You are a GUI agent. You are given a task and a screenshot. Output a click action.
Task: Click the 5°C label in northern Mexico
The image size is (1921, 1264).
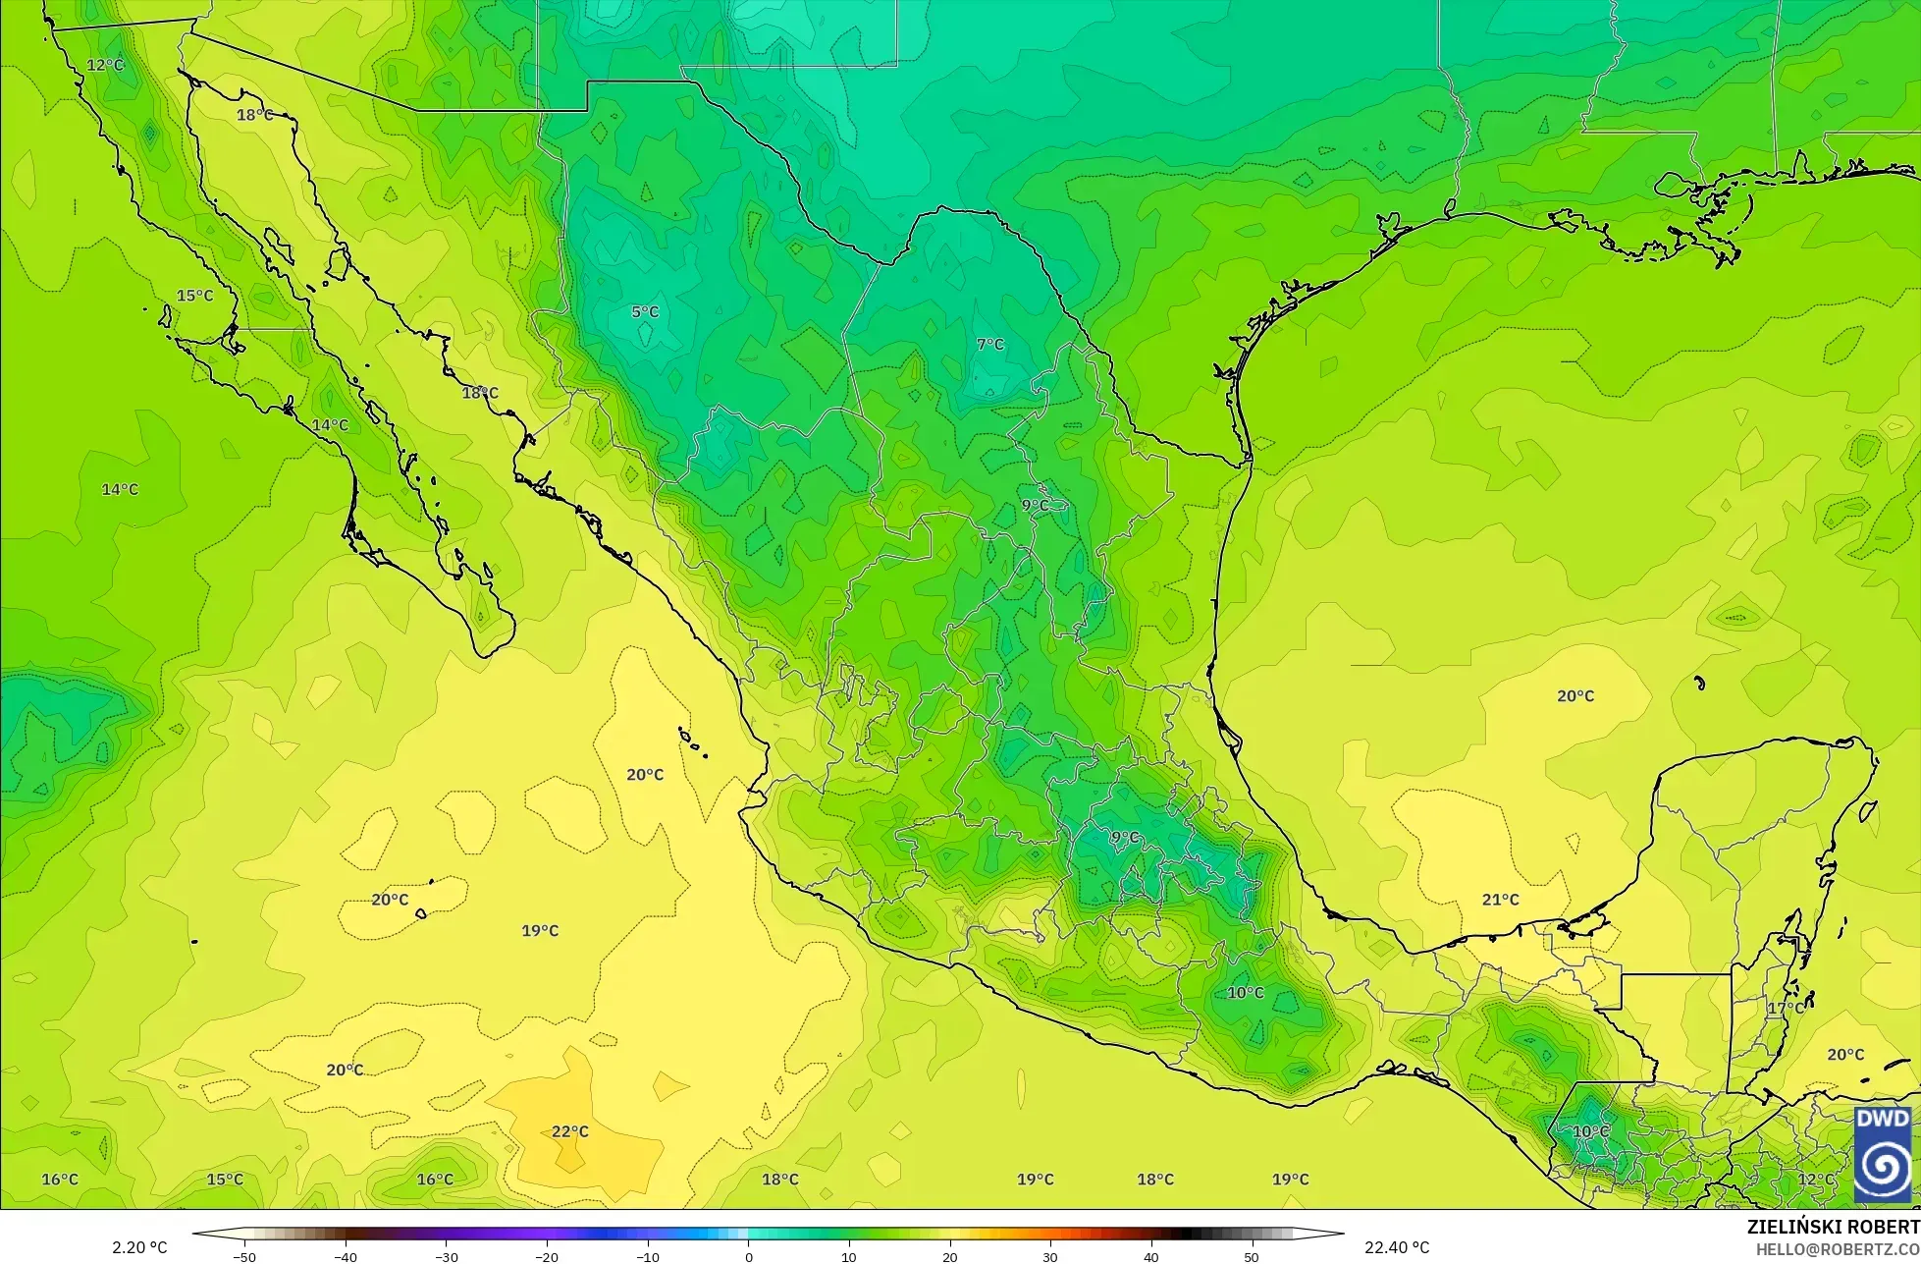(645, 312)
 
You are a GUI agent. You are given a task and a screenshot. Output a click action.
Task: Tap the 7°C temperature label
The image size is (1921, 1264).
(990, 345)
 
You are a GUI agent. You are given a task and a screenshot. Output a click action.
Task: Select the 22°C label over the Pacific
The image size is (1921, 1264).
(569, 1131)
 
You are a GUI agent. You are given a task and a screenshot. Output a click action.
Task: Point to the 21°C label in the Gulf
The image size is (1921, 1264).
(1500, 900)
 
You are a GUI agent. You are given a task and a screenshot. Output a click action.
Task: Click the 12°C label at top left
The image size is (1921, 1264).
(105, 65)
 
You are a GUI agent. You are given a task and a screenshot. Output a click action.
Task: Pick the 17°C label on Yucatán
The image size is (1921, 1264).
(1786, 1008)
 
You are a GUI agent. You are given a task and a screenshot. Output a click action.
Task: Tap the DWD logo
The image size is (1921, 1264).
(1883, 1155)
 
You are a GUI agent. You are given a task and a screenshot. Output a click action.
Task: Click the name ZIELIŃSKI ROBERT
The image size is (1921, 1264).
(1833, 1227)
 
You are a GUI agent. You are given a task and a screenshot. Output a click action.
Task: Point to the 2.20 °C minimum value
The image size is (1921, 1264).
(139, 1248)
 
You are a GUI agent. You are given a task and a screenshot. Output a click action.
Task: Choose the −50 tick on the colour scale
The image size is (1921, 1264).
(243, 1257)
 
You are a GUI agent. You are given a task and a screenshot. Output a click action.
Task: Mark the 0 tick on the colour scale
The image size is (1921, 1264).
(748, 1257)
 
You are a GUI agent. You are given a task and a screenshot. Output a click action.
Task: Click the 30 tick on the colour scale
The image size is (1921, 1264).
(1050, 1257)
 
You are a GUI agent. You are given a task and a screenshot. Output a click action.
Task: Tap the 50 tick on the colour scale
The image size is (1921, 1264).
(1252, 1257)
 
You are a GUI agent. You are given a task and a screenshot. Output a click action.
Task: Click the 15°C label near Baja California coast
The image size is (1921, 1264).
(194, 296)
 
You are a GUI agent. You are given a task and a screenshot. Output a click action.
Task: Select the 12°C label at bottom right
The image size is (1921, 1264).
(1815, 1180)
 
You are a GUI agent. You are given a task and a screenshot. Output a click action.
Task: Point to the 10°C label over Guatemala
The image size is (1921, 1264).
(1590, 1131)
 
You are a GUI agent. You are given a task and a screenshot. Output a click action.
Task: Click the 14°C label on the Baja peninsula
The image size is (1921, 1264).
(330, 425)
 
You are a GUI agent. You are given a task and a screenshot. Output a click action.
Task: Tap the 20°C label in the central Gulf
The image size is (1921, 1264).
(1575, 696)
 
